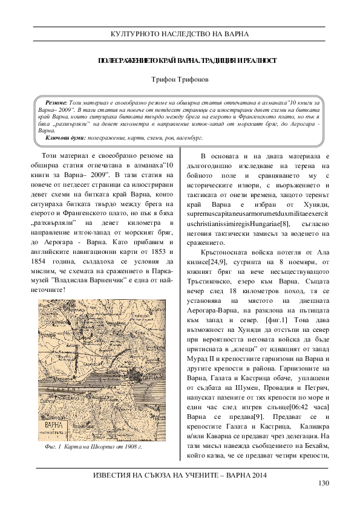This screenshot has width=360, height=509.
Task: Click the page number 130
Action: [322, 482]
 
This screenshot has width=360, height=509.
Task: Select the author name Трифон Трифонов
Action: [179, 79]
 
